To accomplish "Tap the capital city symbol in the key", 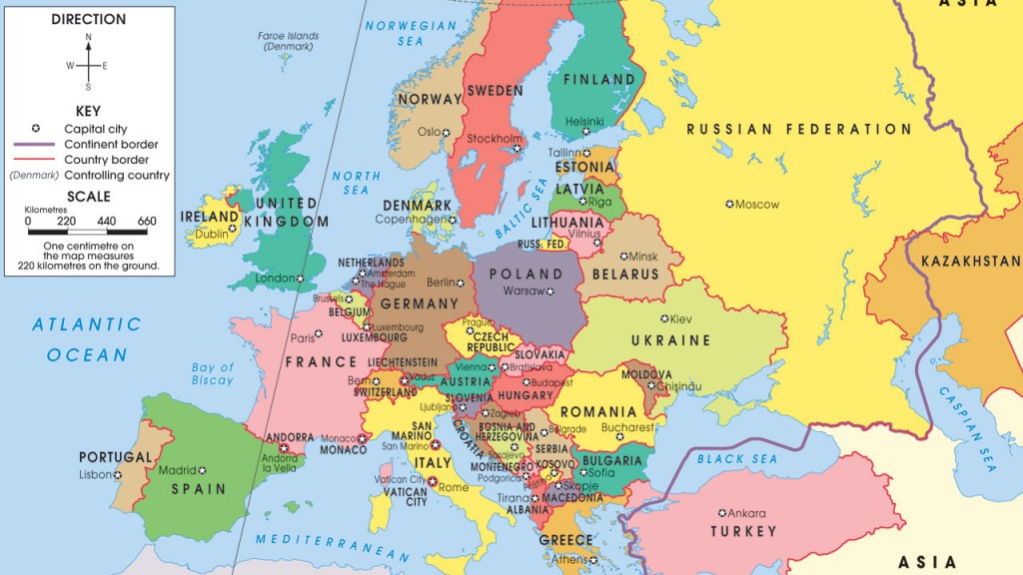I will [35, 129].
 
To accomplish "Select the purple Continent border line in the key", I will [35, 145].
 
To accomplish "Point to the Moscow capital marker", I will [730, 205].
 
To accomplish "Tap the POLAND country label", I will [525, 274].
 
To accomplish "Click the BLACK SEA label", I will [737, 459].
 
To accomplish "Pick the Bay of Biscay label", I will [212, 374].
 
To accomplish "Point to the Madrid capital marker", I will [202, 470].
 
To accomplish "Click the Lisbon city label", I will [96, 475].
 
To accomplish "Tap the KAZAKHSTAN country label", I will [970, 262].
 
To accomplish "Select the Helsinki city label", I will [584, 122].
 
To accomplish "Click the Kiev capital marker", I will [664, 319].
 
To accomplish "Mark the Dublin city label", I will [211, 236].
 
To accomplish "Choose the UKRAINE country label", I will [669, 341].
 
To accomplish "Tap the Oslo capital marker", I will [448, 132].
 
